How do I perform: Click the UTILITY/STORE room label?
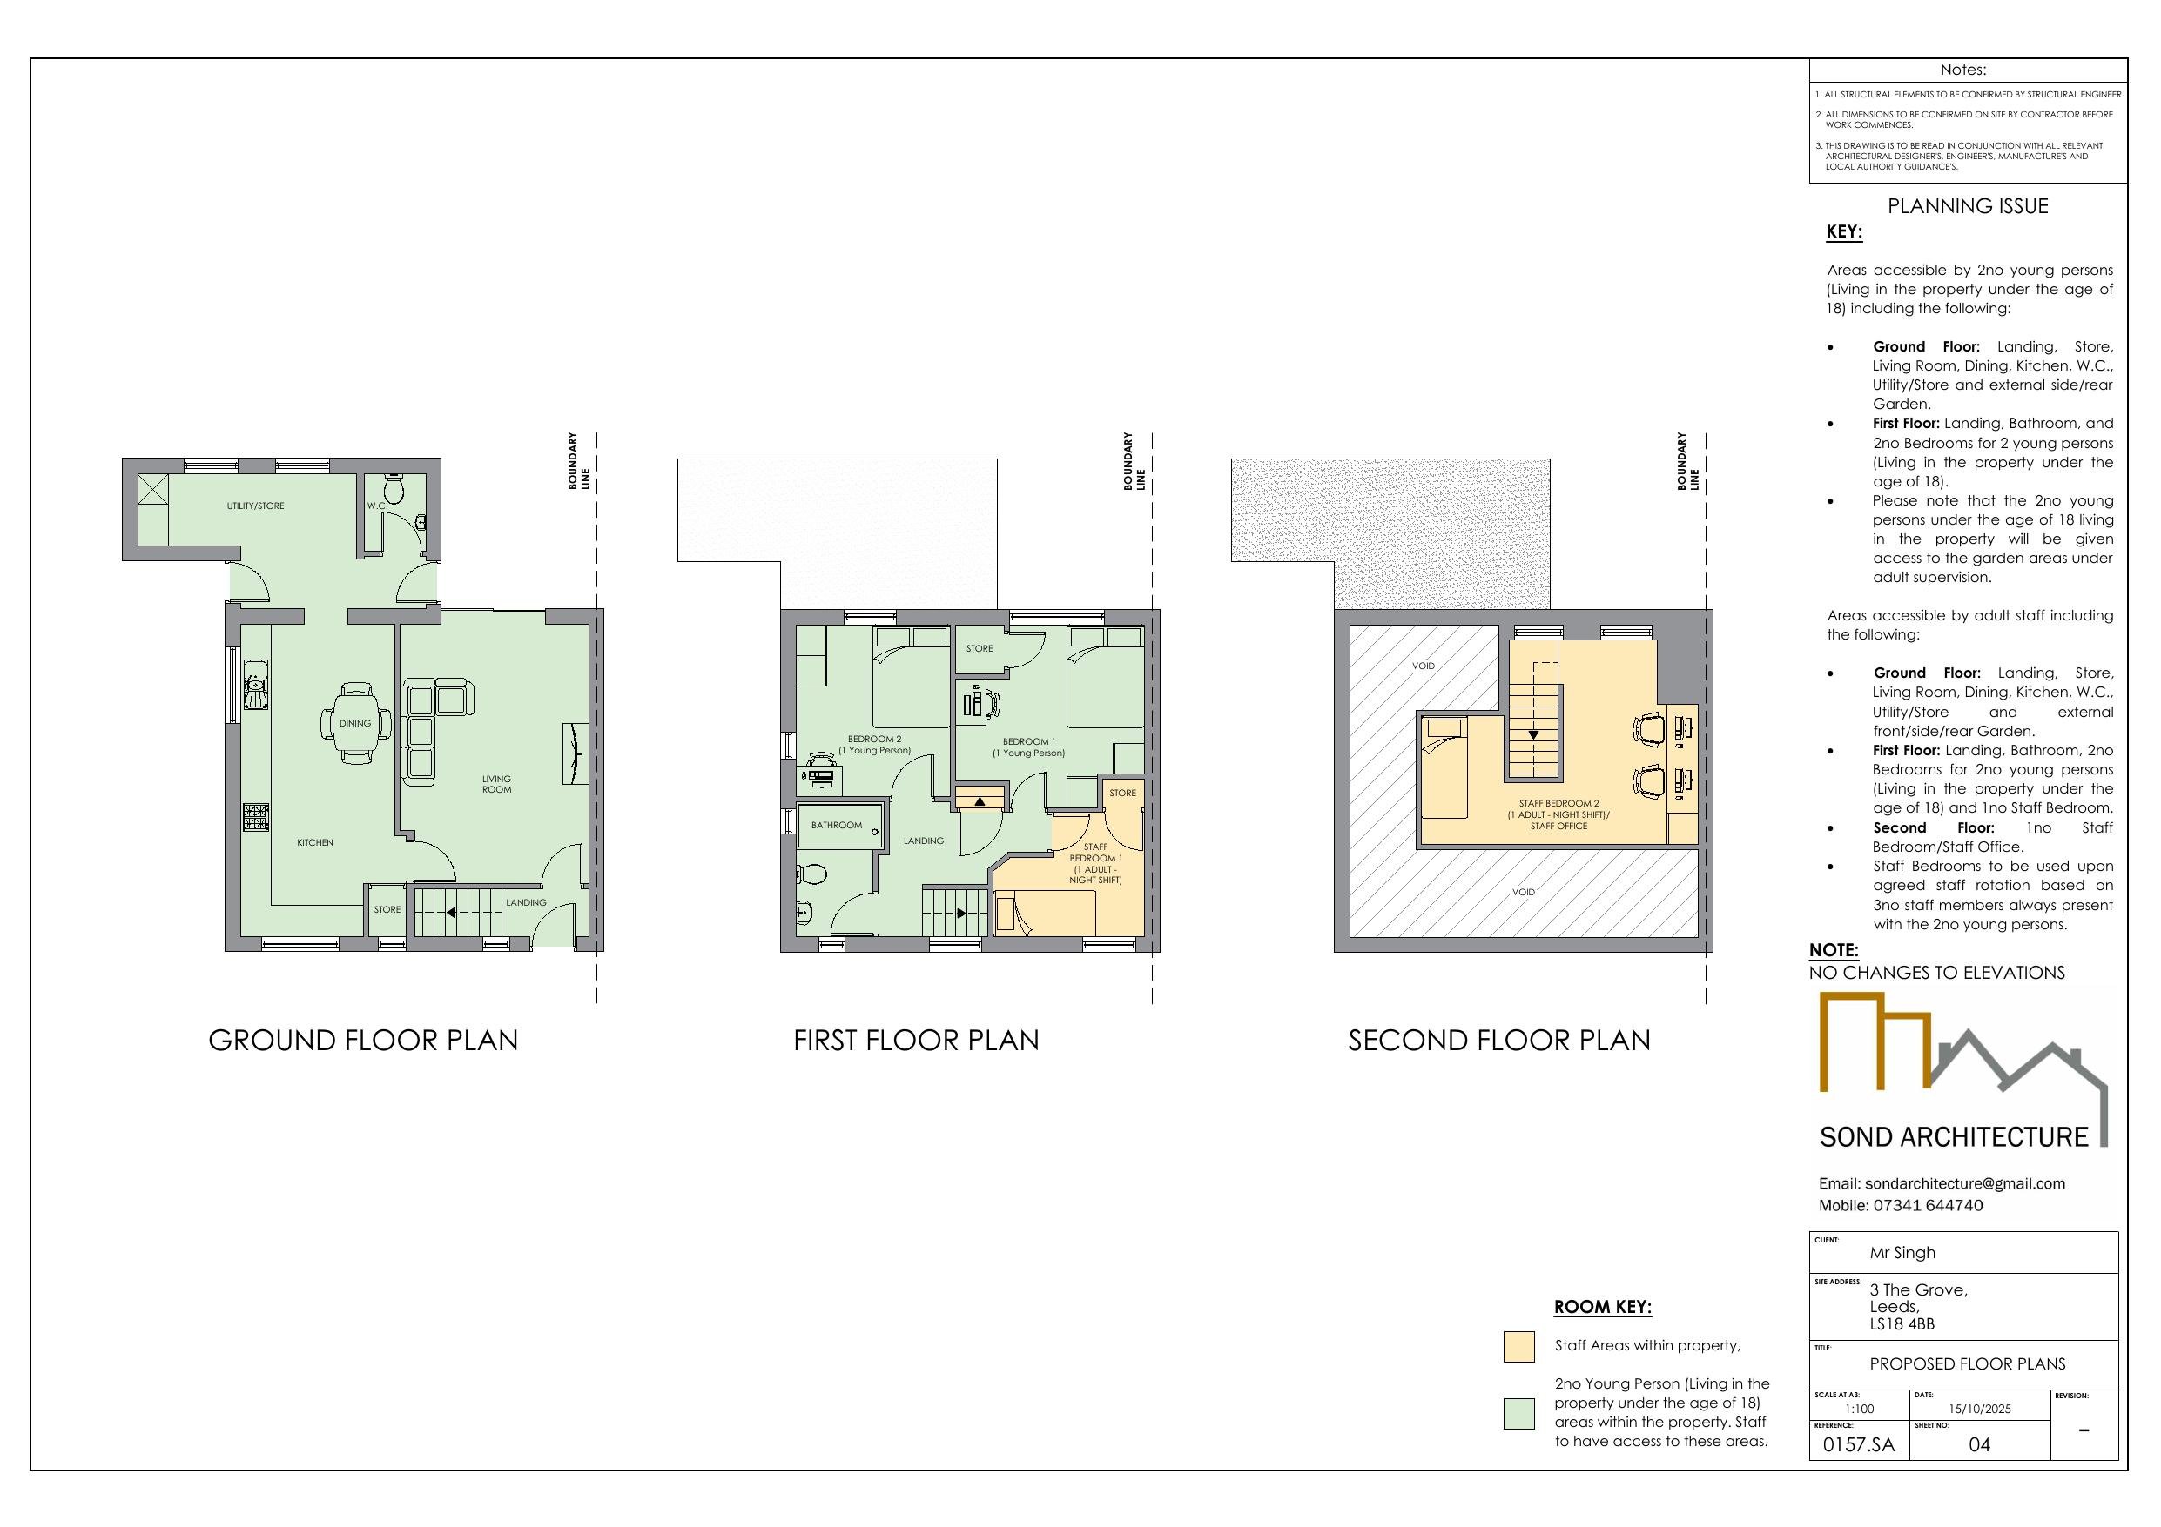pos(255,506)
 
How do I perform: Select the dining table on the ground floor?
pos(356,722)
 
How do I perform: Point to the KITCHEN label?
pos(315,843)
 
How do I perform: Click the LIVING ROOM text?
pos(497,785)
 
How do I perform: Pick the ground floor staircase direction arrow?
pos(451,913)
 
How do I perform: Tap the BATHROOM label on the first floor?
pos(837,825)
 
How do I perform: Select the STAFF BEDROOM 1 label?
pos(1095,864)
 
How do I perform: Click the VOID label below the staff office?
pos(1524,892)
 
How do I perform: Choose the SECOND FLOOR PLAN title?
pos(1499,1041)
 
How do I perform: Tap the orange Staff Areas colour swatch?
pos(1519,1346)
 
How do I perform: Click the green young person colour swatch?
pos(1519,1413)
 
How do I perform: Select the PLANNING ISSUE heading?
pos(1968,206)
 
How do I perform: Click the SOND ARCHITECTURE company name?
pos(1954,1137)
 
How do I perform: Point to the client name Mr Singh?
pos(1902,1253)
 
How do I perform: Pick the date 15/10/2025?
pos(1979,1410)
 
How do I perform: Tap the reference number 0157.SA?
pos(1859,1445)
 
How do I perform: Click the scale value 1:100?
pos(1859,1410)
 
